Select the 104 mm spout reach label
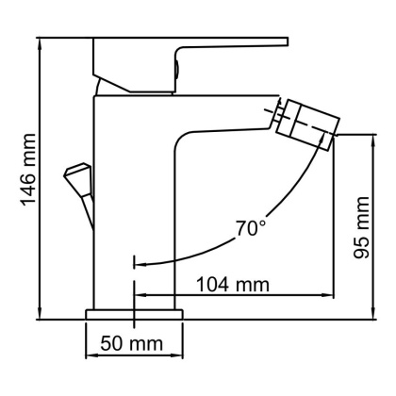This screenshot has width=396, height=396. point(232,283)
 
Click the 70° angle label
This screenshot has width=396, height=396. point(252,228)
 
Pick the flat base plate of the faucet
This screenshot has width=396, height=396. point(133,313)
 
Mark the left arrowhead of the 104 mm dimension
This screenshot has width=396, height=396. point(141,293)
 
